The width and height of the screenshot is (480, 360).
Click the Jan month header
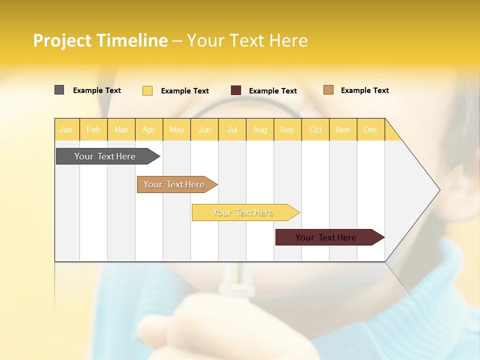pyautogui.click(x=66, y=130)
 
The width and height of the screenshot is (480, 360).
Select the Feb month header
pyautogui.click(x=93, y=130)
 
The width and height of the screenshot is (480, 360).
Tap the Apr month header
pyautogui.click(x=148, y=130)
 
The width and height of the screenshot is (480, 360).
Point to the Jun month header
pyautogui.click(x=204, y=130)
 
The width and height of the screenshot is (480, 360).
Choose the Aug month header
pyautogui.click(x=259, y=130)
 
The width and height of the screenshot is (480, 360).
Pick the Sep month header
pyautogui.click(x=287, y=130)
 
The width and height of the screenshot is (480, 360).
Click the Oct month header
pyautogui.click(x=315, y=130)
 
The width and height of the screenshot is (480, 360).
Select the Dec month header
pyautogui.click(x=370, y=130)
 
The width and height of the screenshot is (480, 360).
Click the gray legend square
pyautogui.click(x=59, y=90)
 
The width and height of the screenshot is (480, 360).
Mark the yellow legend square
pyautogui.click(x=147, y=90)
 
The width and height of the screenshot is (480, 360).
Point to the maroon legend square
pyautogui.click(x=236, y=90)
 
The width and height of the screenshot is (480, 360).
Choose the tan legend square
pyautogui.click(x=328, y=90)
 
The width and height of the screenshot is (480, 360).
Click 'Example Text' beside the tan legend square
pyautogui.click(x=364, y=90)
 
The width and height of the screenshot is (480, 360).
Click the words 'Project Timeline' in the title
pyautogui.click(x=100, y=40)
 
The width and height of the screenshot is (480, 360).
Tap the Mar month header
pyautogui.click(x=121, y=130)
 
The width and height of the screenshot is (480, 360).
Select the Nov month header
pyautogui.click(x=343, y=130)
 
